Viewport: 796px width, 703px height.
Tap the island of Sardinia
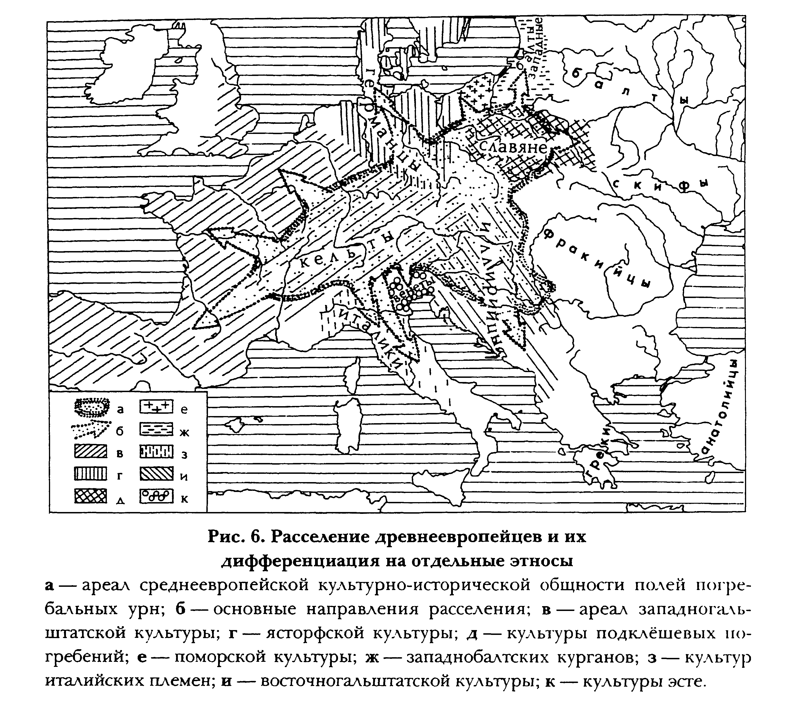pos(349,425)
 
